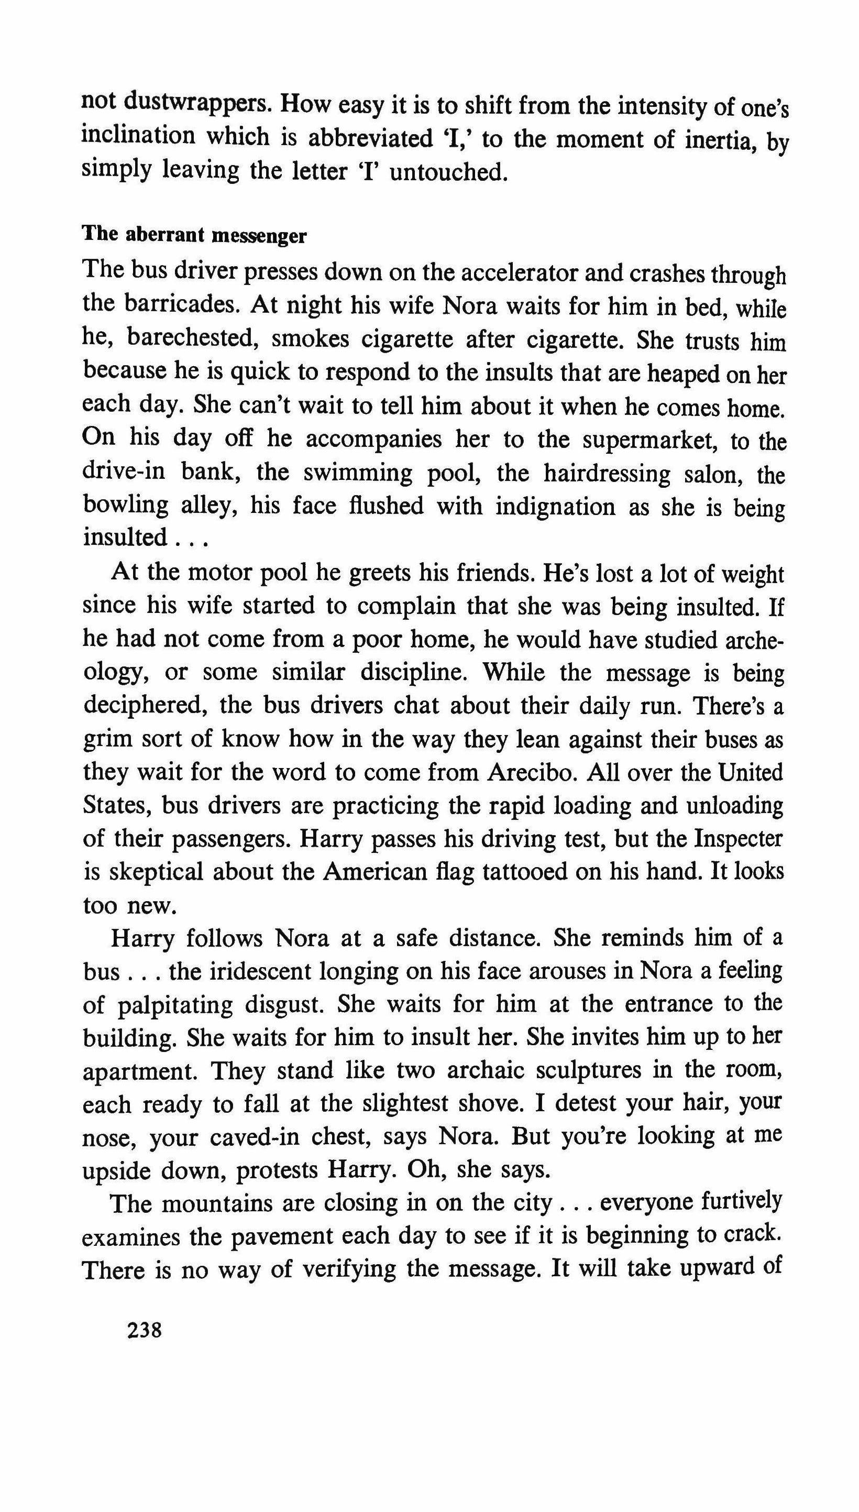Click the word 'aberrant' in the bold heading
pyautogui.click(x=156, y=235)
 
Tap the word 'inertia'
pyautogui.click(x=717, y=140)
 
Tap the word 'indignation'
pyautogui.click(x=555, y=506)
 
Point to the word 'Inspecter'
pyautogui.click(x=738, y=838)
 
